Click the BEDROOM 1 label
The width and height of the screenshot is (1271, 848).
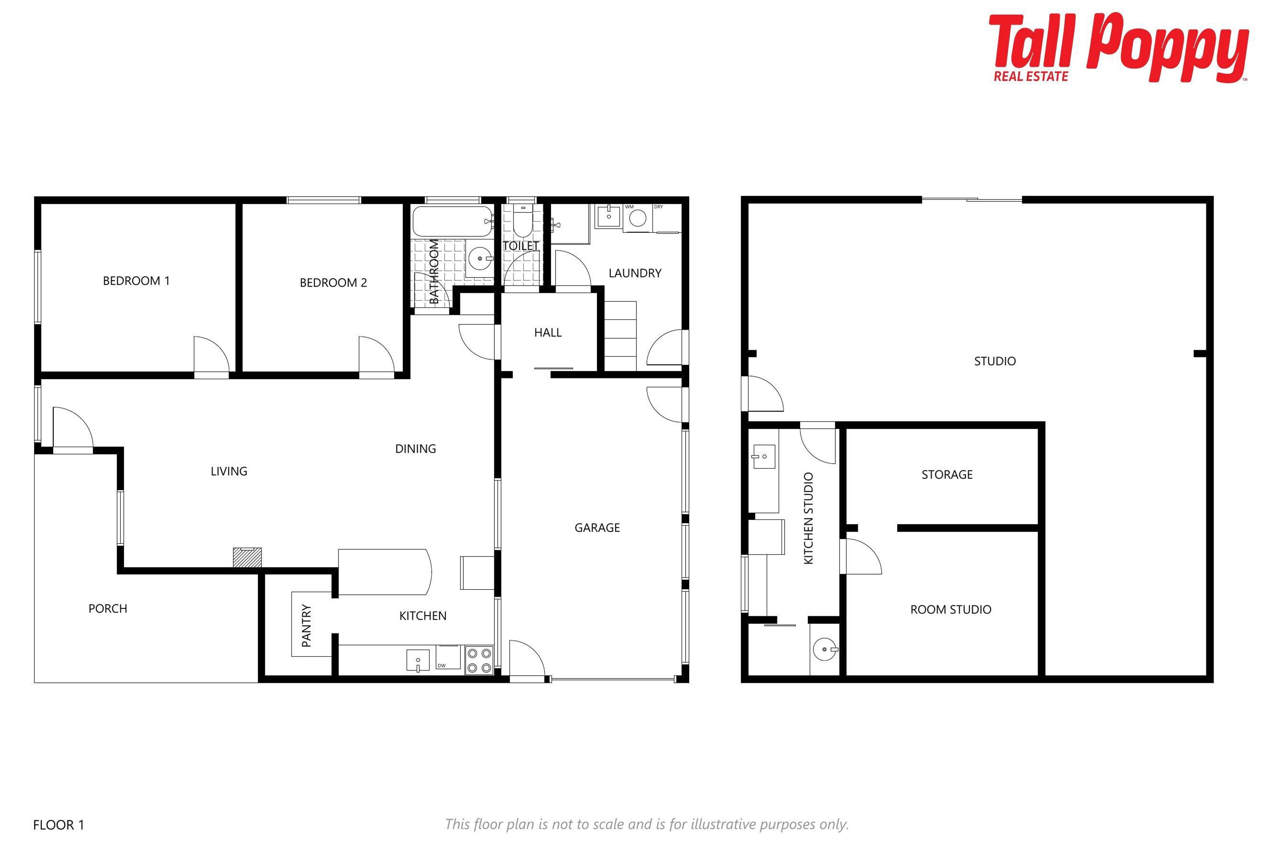click(x=136, y=281)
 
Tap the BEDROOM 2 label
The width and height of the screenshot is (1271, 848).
click(x=333, y=282)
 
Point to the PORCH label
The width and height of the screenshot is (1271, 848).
click(x=108, y=609)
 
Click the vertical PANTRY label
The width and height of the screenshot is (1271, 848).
click(x=306, y=626)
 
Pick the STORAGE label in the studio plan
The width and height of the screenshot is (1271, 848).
click(x=947, y=474)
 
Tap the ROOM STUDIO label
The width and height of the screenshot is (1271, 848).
click(x=951, y=609)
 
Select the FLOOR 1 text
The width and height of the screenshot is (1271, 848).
click(x=58, y=825)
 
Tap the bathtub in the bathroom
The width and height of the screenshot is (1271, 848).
click(x=453, y=221)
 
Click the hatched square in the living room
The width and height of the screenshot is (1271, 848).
click(x=247, y=557)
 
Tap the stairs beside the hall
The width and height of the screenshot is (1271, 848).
click(x=620, y=336)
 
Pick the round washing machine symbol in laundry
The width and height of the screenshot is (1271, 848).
click(x=638, y=218)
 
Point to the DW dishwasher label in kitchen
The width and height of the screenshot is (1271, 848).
click(x=442, y=666)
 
